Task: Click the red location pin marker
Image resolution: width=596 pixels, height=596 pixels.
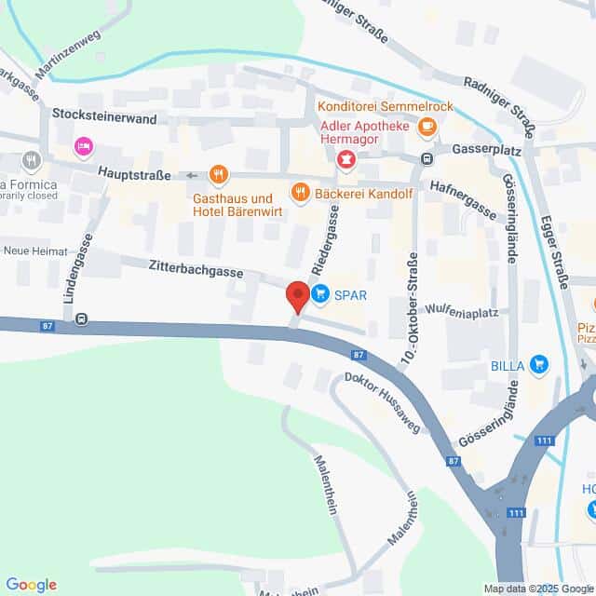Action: pyautogui.click(x=297, y=296)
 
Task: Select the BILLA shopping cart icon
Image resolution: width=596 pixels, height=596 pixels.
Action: pyautogui.click(x=538, y=365)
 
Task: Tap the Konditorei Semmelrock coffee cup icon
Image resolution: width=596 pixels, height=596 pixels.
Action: pyautogui.click(x=427, y=126)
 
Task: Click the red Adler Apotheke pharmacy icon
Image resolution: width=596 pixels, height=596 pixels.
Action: pyautogui.click(x=346, y=160)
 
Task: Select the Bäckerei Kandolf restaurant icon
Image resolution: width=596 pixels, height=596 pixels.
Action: pyautogui.click(x=300, y=193)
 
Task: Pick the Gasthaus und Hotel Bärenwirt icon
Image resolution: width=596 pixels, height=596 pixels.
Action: pyautogui.click(x=219, y=173)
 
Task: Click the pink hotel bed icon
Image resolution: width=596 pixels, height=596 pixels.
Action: pyautogui.click(x=84, y=146)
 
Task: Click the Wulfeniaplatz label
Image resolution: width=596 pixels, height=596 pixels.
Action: pyautogui.click(x=458, y=308)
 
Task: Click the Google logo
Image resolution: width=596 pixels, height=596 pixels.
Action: pyautogui.click(x=31, y=585)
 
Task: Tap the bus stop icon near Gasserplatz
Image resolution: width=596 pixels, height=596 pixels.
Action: pyautogui.click(x=427, y=158)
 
